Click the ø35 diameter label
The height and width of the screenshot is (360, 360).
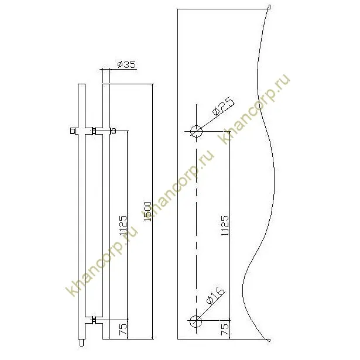click(x=127, y=65)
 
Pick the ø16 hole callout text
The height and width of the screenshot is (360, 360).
click(x=215, y=296)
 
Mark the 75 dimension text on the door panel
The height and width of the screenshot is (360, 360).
click(x=225, y=330)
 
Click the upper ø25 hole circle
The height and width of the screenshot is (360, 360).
click(x=195, y=131)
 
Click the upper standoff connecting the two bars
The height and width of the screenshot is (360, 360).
click(x=94, y=131)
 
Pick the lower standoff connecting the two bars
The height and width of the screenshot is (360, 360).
click(x=94, y=320)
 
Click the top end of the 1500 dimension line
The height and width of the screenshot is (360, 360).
click(x=153, y=85)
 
